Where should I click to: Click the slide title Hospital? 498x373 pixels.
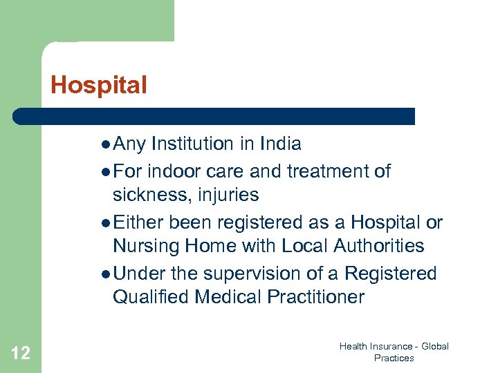point(99,85)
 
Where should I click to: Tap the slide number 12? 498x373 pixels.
point(21,354)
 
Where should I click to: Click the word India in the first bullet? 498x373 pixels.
point(280,144)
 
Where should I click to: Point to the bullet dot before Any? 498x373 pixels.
point(104,145)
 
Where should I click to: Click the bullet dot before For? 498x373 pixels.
point(104,171)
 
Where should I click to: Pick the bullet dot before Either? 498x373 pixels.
point(104,224)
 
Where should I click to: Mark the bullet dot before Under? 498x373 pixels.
point(104,275)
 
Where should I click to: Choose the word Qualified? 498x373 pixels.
point(151,298)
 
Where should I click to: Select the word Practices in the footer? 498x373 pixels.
point(394,358)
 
